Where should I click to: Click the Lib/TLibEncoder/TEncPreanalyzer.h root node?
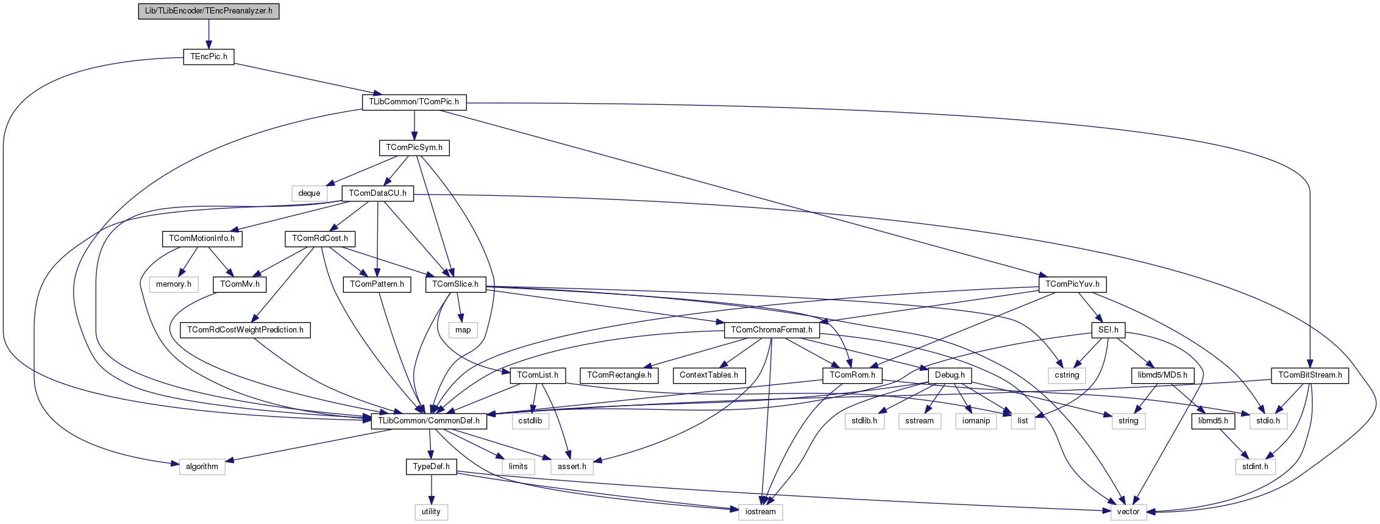(208, 11)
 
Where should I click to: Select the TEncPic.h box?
(208, 57)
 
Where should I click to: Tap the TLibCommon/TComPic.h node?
(414, 102)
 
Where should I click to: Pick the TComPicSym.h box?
(414, 148)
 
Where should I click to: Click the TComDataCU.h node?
(378, 193)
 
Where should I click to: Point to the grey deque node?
(309, 193)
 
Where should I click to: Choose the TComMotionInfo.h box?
(202, 239)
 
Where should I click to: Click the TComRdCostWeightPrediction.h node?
(245, 330)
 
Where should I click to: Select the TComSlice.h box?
(455, 284)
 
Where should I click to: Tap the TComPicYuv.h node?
(1072, 284)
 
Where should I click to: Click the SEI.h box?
(1108, 330)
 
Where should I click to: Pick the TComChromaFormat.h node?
(772, 330)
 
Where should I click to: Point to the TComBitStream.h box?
(1310, 375)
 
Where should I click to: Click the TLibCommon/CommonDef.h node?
(429, 421)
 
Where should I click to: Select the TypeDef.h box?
(431, 467)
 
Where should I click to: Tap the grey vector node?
(1128, 512)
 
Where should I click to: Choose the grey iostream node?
(760, 512)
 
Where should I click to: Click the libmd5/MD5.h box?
(1162, 375)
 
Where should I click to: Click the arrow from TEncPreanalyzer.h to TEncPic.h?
(208, 34)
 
